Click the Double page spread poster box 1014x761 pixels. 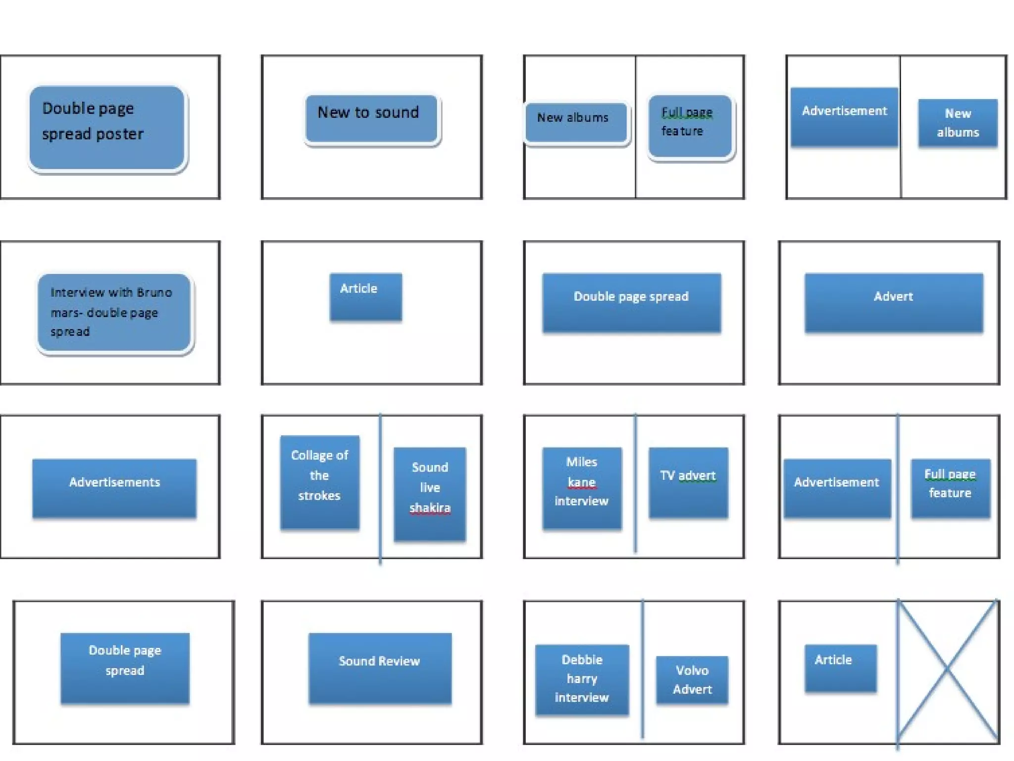click(x=106, y=128)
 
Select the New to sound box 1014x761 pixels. click(x=371, y=119)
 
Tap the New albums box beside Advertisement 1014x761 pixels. click(x=958, y=123)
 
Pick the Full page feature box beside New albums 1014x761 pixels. click(x=690, y=126)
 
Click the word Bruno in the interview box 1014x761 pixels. click(x=154, y=292)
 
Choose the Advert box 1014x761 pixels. click(x=894, y=302)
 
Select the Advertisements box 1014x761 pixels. click(x=114, y=488)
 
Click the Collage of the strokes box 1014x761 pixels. click(x=319, y=482)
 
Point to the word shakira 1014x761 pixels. click(x=430, y=508)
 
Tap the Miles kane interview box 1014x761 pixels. click(x=582, y=488)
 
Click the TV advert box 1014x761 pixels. click(x=688, y=482)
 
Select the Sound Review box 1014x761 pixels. click(x=380, y=668)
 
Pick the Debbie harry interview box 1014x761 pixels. click(x=582, y=679)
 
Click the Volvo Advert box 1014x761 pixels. click(x=692, y=680)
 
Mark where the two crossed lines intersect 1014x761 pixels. click(x=947, y=668)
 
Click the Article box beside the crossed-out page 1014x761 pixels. click(x=840, y=667)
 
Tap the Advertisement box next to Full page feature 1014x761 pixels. click(x=837, y=488)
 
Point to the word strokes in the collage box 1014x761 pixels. click(x=319, y=495)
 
